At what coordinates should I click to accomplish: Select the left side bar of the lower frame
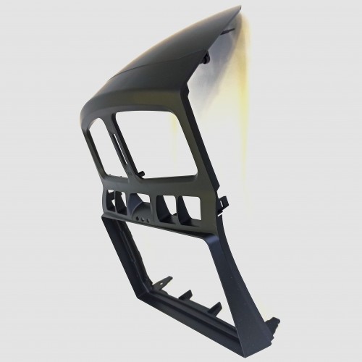click(x=123, y=268)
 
